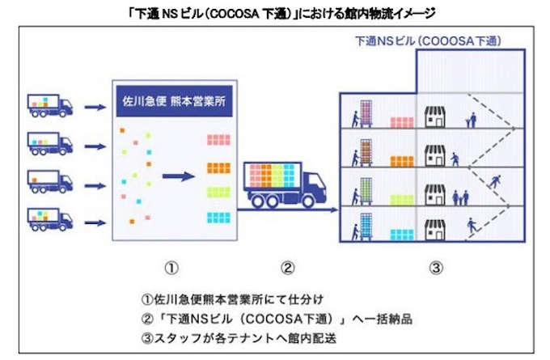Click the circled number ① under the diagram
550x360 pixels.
coord(171,266)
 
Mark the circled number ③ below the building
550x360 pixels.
coord(436,266)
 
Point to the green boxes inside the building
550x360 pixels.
coord(403,199)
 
